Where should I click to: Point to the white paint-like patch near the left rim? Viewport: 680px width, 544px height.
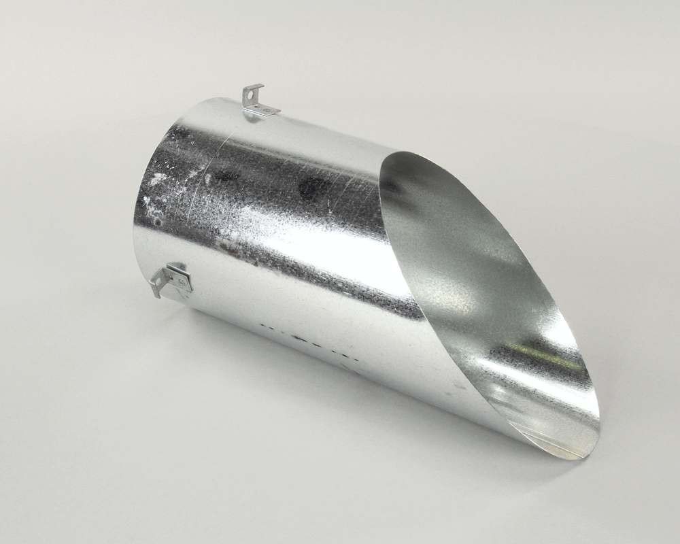pos(158,178)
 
